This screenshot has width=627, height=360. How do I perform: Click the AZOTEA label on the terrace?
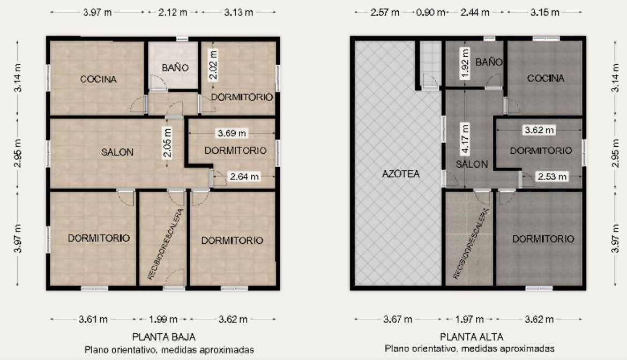pyautogui.click(x=401, y=174)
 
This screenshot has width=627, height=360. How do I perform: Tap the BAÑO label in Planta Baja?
pyautogui.click(x=175, y=68)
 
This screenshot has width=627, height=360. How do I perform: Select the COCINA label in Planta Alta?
pyautogui.click(x=546, y=78)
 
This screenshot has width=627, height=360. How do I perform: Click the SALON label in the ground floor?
pyautogui.click(x=117, y=152)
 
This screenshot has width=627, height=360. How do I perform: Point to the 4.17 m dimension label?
pyautogui.click(x=465, y=139)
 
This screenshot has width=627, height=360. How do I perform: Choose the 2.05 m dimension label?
pyautogui.click(x=168, y=142)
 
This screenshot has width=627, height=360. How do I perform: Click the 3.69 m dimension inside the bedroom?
pyautogui.click(x=232, y=133)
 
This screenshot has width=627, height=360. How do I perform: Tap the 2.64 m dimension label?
pyautogui.click(x=244, y=176)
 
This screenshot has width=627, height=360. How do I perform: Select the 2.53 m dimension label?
pyautogui.click(x=552, y=176)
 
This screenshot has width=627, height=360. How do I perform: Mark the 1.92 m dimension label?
pyautogui.click(x=465, y=64)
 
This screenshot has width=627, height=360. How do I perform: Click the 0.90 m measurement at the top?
pyautogui.click(x=430, y=12)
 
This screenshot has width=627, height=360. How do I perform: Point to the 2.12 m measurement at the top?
pyautogui.click(x=173, y=12)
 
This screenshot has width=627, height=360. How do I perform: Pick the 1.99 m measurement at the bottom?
pyautogui.click(x=163, y=319)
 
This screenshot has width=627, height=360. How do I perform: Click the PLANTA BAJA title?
pyautogui.click(x=164, y=337)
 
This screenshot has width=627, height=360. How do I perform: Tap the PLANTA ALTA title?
pyautogui.click(x=472, y=337)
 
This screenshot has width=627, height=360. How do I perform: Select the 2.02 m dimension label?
pyautogui.click(x=213, y=64)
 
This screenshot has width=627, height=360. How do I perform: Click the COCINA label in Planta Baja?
pyautogui.click(x=99, y=79)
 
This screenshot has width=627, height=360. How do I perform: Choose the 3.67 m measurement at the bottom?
pyautogui.click(x=398, y=319)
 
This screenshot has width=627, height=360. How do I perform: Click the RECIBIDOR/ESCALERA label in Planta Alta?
pyautogui.click(x=471, y=244)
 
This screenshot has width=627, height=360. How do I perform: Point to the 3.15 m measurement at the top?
pyautogui.click(x=544, y=12)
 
